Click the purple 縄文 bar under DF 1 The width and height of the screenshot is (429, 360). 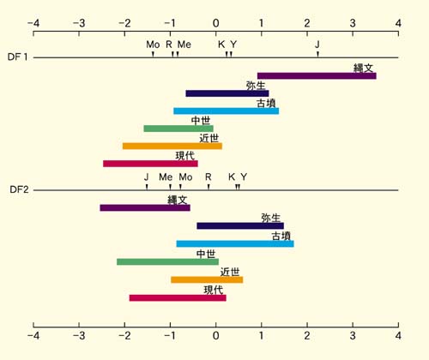(x=317, y=76)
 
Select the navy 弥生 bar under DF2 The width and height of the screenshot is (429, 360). (x=240, y=226)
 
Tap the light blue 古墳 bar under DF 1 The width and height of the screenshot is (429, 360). (x=227, y=111)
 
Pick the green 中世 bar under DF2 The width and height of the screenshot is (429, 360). (x=167, y=261)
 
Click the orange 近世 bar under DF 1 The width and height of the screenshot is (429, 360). (x=172, y=146)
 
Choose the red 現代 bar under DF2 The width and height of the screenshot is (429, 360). (x=178, y=298)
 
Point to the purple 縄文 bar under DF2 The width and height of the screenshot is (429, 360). (x=145, y=207)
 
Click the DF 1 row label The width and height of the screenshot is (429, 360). (x=18, y=57)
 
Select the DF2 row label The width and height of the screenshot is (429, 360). (x=19, y=189)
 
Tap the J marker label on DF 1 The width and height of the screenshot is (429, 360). (x=317, y=45)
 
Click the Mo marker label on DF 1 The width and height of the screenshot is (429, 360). (x=153, y=45)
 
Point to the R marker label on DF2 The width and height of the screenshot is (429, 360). (x=208, y=177)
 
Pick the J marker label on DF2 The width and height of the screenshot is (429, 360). (x=146, y=177)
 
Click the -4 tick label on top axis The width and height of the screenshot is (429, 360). (x=33, y=23)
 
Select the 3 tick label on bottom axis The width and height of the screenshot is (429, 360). (x=353, y=335)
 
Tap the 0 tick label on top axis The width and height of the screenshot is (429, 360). (x=216, y=23)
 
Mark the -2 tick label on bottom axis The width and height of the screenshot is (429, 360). (x=124, y=335)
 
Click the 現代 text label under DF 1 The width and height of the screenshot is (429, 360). (x=185, y=156)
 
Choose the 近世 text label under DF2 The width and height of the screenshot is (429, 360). (x=230, y=272)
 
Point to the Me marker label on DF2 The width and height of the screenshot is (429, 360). (x=166, y=177)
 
